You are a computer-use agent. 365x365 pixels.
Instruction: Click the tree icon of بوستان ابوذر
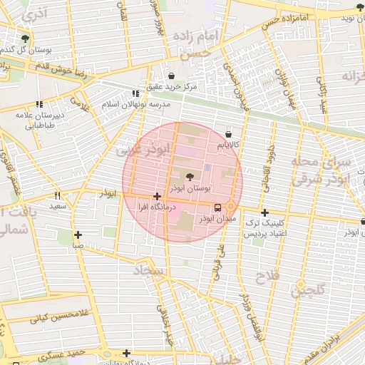coord(190,176)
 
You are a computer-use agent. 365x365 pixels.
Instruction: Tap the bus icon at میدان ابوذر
coord(217,207)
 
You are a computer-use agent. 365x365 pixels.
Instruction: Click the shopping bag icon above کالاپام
coord(228,134)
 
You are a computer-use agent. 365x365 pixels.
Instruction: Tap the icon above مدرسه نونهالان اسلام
coord(135,93)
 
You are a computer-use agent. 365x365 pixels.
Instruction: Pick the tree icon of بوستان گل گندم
coord(26,38)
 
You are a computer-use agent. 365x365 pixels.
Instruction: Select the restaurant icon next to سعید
coord(58,195)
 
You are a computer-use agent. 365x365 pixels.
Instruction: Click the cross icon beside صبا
coord(78,235)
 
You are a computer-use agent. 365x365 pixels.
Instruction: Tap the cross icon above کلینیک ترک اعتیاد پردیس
coord(264,212)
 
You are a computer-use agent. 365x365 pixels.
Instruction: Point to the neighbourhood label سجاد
coord(148,271)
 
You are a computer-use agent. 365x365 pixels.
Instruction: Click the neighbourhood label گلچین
coord(307,290)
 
